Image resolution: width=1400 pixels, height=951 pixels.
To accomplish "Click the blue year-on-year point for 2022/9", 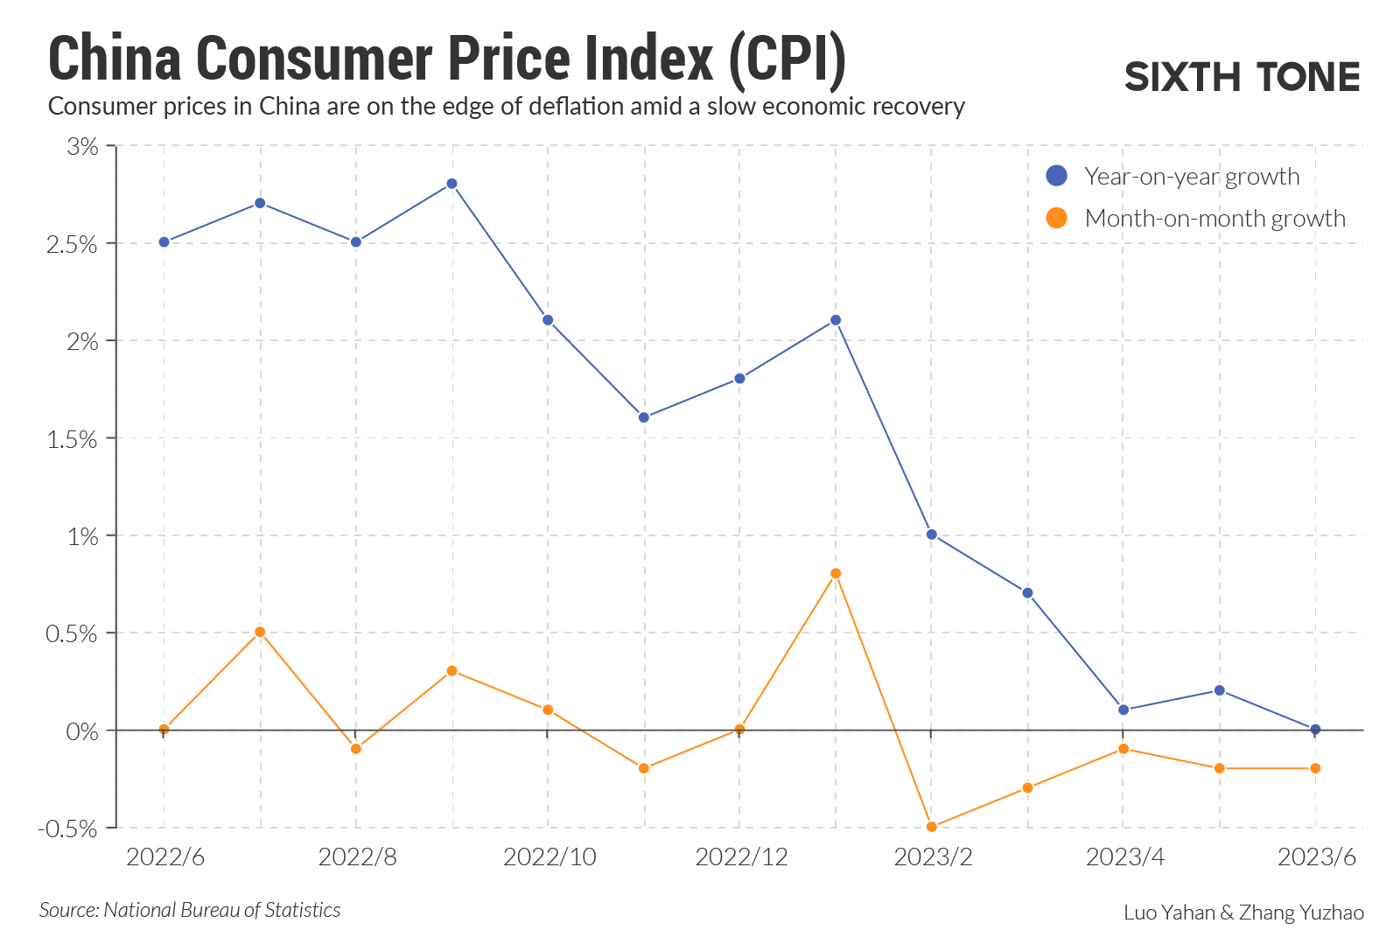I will point(451,184).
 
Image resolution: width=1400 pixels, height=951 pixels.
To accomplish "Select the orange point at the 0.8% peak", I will point(836,574).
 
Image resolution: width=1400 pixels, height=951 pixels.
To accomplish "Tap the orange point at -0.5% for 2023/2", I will point(931,827).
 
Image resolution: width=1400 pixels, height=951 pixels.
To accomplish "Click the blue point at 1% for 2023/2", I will point(931,535).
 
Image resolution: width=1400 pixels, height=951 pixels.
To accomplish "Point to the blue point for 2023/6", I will point(1315,729).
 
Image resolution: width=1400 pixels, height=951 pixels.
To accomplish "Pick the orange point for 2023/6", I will point(1315,768).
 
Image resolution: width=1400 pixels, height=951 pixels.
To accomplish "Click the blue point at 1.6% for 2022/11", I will point(644,417).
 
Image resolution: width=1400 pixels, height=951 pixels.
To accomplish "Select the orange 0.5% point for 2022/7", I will point(260,632).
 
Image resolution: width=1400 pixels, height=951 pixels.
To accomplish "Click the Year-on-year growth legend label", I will point(1192,177).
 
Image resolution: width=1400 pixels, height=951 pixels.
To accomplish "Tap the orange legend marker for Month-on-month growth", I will point(1057,218).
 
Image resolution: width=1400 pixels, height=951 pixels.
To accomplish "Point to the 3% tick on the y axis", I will point(83,146).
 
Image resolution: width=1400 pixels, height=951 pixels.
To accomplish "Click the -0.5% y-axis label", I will point(67,829).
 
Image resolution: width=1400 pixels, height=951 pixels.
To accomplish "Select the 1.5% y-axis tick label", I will point(72,439).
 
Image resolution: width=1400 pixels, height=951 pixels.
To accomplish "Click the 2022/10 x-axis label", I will point(549,857).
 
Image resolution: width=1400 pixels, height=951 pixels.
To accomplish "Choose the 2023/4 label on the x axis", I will point(1125,857).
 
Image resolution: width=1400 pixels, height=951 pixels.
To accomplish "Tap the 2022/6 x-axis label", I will point(165,857).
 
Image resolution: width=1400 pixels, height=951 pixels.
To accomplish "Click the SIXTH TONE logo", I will point(1242,77).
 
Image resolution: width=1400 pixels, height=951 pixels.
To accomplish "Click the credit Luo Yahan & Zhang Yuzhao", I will point(1243,913).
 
